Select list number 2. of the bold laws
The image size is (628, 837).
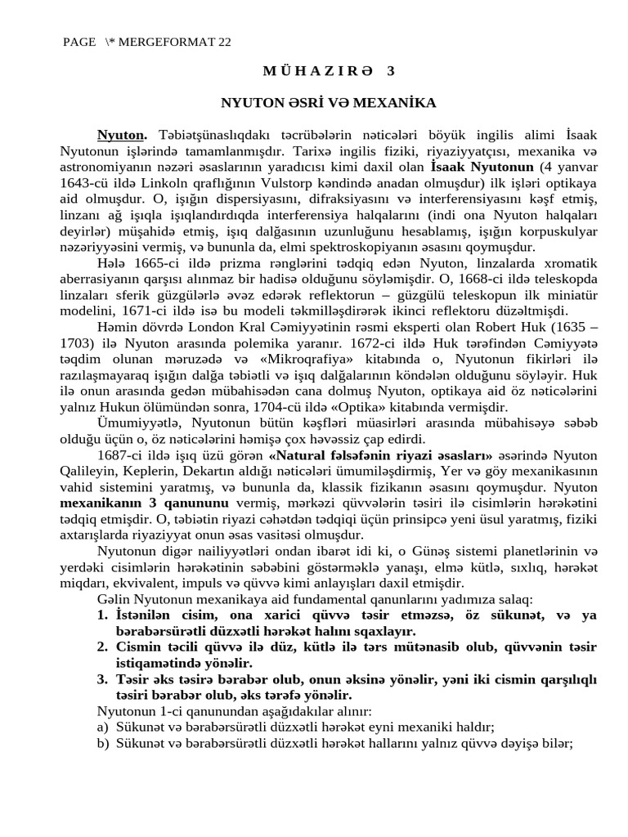click(103, 646)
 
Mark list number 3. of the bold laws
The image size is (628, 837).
click(103, 678)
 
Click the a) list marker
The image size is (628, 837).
click(103, 727)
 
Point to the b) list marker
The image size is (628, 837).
click(103, 743)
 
